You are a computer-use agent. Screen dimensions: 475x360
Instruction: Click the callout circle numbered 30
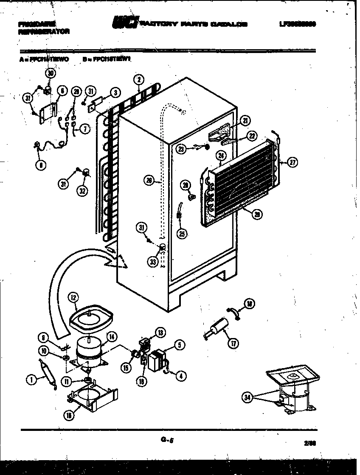click(51, 73)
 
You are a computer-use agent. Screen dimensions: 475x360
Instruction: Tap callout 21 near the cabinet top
click(245, 120)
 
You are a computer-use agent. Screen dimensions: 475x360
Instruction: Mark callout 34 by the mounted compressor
click(247, 397)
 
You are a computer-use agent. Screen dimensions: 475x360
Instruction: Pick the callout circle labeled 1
click(30, 380)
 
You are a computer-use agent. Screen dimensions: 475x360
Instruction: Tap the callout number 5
click(180, 346)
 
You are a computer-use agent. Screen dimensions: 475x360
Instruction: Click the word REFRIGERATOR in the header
click(44, 31)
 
